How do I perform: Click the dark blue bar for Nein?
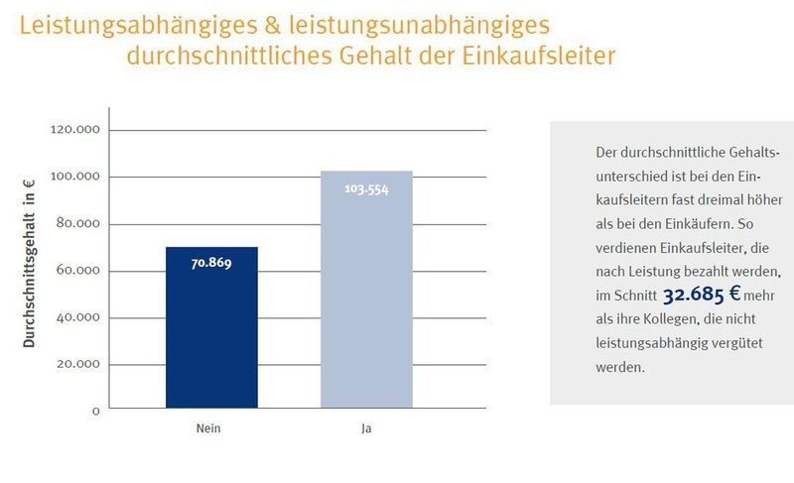click(x=211, y=327)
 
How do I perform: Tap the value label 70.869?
click(x=211, y=264)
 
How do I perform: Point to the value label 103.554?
click(x=366, y=187)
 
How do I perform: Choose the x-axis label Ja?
click(x=366, y=429)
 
